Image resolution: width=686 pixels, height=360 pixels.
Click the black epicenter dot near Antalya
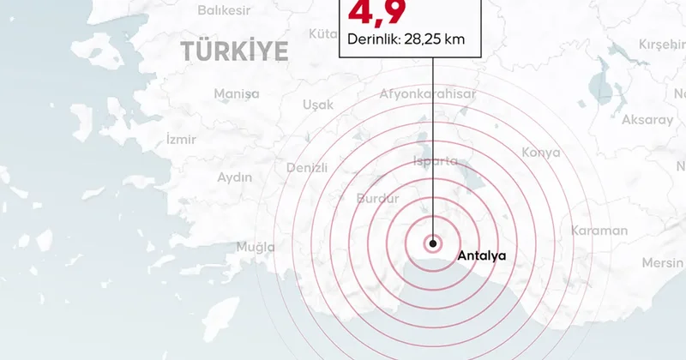tap(433, 243)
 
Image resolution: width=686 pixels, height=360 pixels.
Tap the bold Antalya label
tap(483, 255)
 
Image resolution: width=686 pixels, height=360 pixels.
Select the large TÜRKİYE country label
tap(234, 52)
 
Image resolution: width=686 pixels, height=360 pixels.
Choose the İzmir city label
tap(180, 139)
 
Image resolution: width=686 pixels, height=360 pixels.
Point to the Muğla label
tap(256, 248)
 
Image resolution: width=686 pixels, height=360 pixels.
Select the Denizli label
tap(307, 166)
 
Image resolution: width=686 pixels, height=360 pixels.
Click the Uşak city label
tap(318, 105)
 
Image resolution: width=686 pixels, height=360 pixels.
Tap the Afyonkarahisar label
tap(426, 95)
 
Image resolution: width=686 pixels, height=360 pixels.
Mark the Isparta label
tap(436, 161)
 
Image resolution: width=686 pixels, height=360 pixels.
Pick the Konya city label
tap(540, 153)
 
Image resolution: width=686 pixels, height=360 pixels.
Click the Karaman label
tap(599, 231)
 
